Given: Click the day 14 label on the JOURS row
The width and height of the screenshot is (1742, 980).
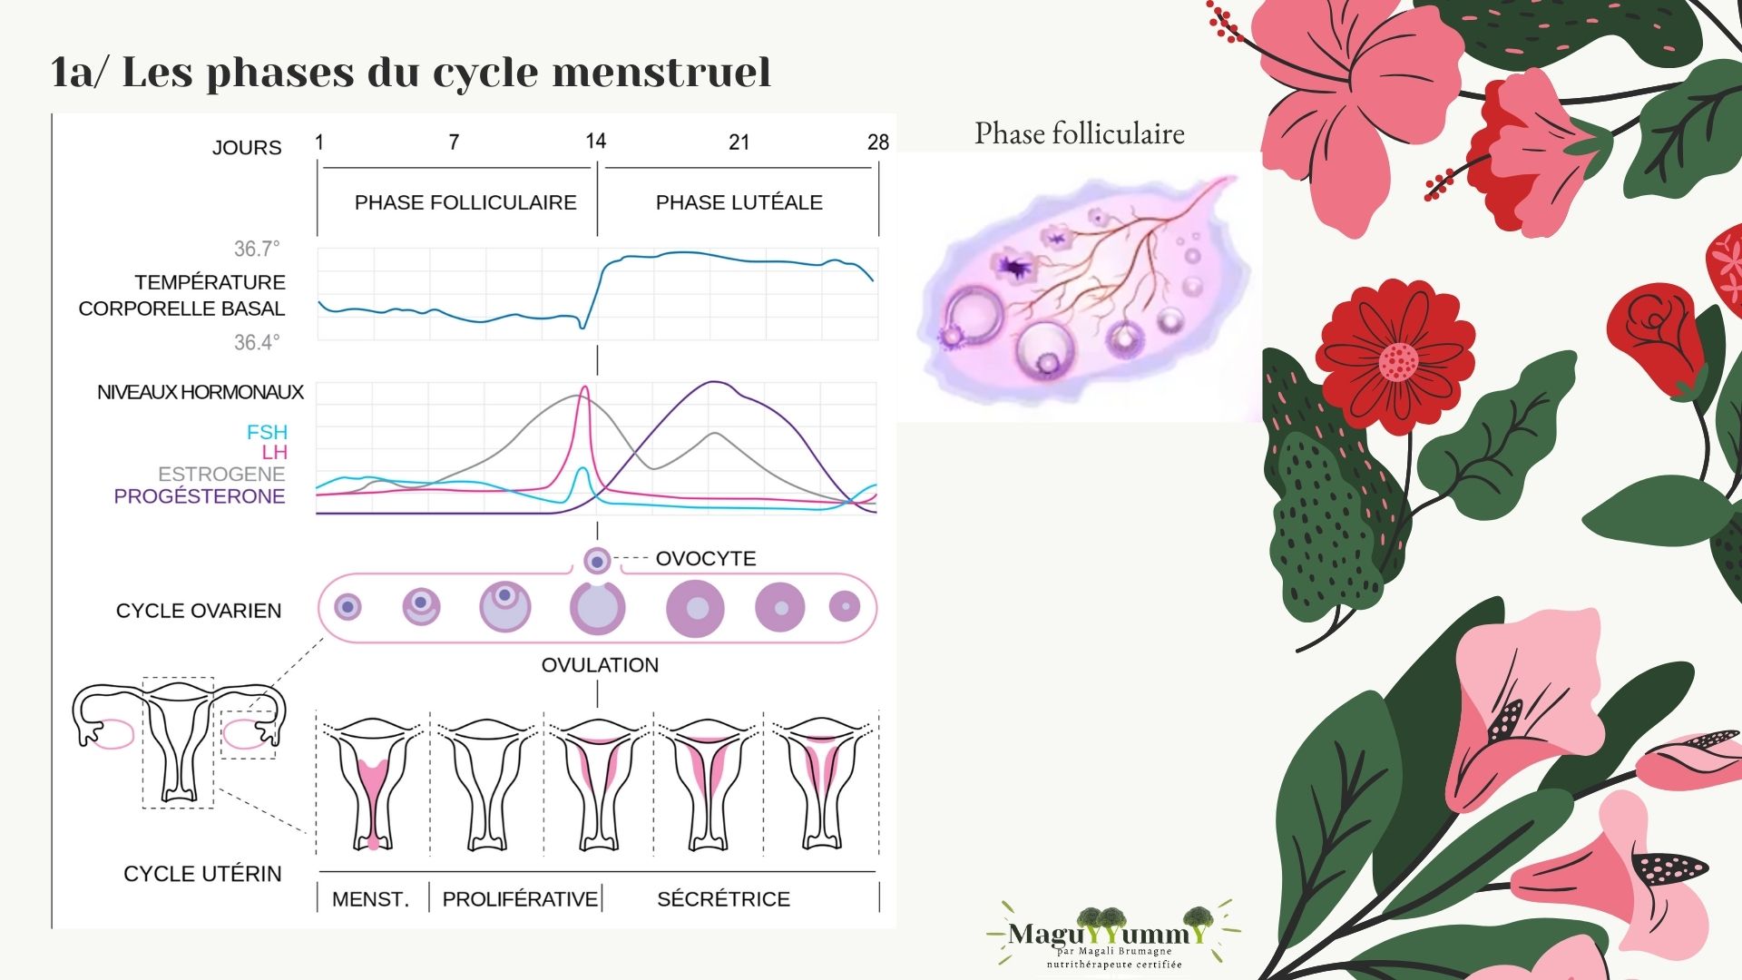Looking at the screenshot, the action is pyautogui.click(x=595, y=141).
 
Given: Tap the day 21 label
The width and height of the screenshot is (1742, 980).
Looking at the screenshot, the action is pyautogui.click(x=739, y=142).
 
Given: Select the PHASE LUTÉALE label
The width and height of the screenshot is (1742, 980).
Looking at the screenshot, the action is pyautogui.click(x=739, y=202).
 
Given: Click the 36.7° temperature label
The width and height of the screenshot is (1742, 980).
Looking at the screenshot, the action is pyautogui.click(x=257, y=249).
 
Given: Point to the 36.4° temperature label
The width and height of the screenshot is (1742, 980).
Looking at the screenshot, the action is pyautogui.click(x=257, y=342).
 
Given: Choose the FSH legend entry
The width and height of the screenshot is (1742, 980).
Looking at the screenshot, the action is pyautogui.click(x=267, y=432).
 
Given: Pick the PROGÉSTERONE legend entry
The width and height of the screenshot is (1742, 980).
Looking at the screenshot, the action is pyautogui.click(x=200, y=496).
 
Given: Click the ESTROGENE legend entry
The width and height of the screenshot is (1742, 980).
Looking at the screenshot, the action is pyautogui.click(x=221, y=474).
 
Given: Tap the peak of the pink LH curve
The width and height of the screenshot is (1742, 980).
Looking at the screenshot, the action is pyautogui.click(x=584, y=387).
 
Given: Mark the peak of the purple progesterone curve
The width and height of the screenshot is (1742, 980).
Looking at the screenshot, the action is pyautogui.click(x=715, y=383).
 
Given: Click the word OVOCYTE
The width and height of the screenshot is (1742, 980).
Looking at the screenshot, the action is pyautogui.click(x=706, y=558).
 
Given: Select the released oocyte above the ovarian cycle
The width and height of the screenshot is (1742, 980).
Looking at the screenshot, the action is pyautogui.click(x=597, y=562).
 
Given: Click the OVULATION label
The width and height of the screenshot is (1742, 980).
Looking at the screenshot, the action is pyautogui.click(x=600, y=665).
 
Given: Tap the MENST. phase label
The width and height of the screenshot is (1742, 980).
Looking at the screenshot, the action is pyautogui.click(x=370, y=899).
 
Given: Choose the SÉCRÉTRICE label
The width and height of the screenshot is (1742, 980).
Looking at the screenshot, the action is pyautogui.click(x=723, y=899).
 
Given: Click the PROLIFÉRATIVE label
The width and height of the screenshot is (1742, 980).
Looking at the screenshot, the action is pyautogui.click(x=520, y=899).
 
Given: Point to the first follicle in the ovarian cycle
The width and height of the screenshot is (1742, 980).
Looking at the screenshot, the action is pyautogui.click(x=347, y=606).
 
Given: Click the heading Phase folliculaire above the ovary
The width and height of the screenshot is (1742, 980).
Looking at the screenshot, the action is pyautogui.click(x=1080, y=133).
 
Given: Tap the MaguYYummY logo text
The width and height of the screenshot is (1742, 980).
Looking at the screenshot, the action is pyautogui.click(x=1109, y=933).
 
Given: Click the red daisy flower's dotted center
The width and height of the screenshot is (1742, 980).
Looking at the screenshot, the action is pyautogui.click(x=1398, y=361).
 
